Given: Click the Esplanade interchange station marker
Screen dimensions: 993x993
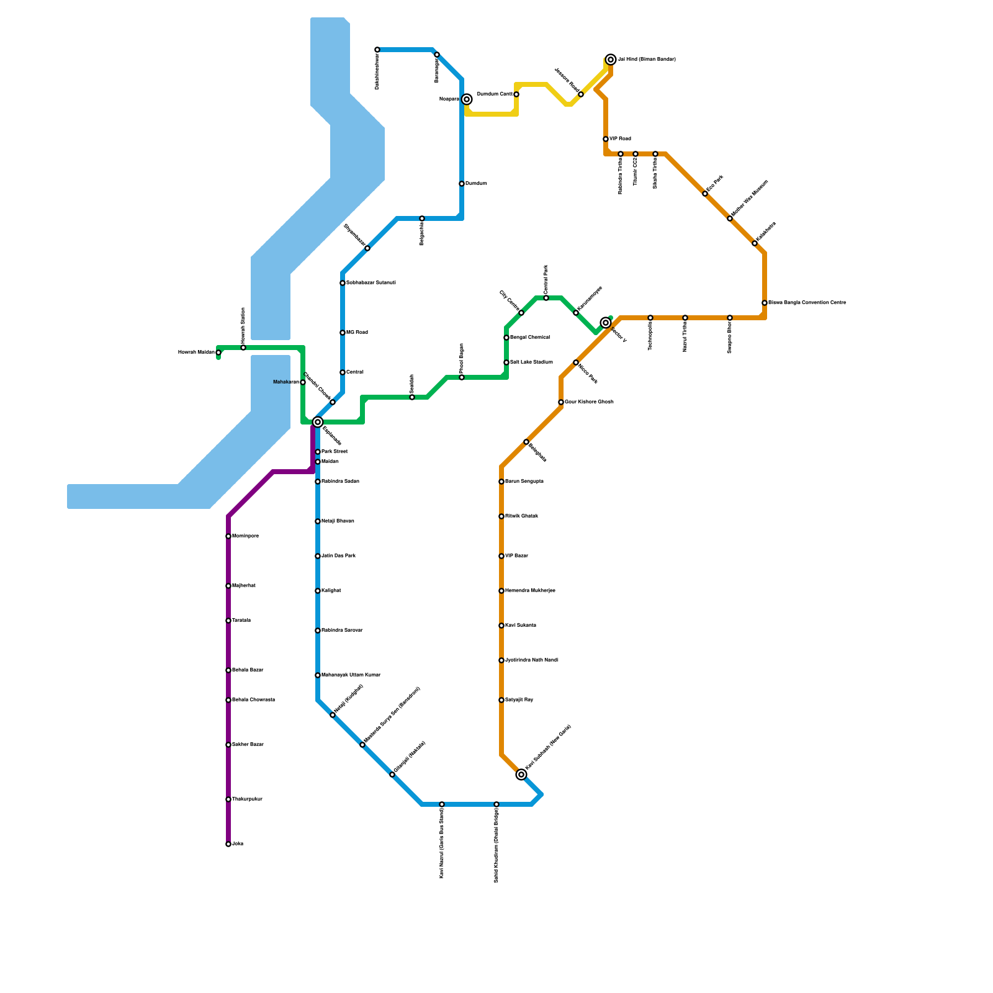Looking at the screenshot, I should pos(318,422).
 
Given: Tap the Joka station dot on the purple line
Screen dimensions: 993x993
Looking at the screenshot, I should pos(228,844).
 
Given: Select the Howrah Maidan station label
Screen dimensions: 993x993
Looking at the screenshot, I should pos(196,353).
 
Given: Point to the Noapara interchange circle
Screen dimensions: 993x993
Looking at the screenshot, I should pos(467,99).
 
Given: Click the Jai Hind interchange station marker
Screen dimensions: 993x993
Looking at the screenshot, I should pos(611,60).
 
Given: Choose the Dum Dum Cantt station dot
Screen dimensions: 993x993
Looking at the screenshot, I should pos(516,94).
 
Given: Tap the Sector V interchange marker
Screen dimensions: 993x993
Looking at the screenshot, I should pos(606,323).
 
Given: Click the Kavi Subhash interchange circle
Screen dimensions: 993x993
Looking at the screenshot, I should pos(521,775).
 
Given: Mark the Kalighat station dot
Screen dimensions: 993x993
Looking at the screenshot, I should pos(318,591).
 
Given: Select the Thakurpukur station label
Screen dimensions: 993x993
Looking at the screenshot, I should pos(247,799).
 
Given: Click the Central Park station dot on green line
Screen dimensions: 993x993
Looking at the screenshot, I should pos(546,298).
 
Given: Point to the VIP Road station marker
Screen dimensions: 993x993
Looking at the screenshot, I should pos(606,139).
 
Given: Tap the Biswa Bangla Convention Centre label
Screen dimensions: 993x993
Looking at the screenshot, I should pos(807,303).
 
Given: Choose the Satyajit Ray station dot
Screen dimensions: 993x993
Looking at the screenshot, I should pos(501,700).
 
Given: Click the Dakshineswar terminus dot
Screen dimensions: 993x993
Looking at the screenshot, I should pos(377,50).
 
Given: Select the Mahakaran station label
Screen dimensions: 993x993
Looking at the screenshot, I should pos(286,382).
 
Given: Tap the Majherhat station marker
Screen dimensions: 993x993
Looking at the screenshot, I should pos(228,586).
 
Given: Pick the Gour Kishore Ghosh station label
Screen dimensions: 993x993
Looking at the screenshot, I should pos(589,402).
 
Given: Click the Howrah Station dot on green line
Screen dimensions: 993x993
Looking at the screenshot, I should pos(243,348).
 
